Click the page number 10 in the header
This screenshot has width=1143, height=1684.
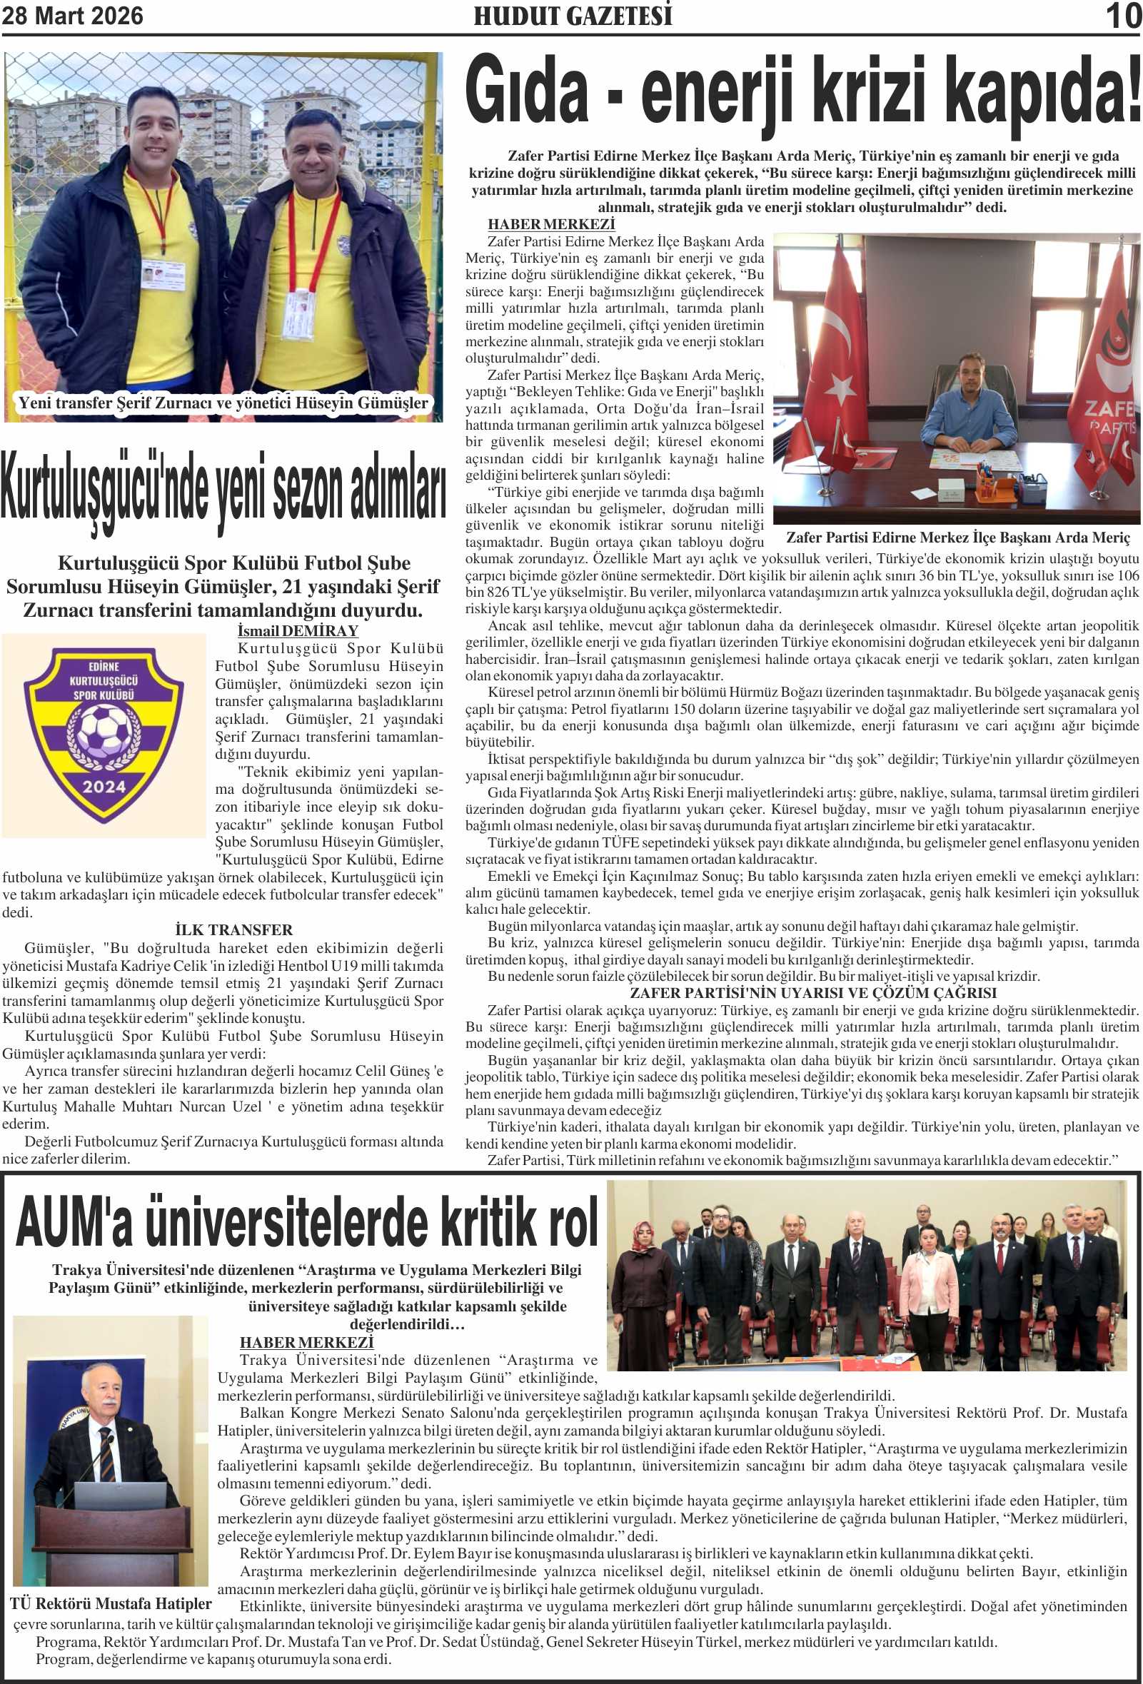[1123, 16]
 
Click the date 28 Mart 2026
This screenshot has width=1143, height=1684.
[73, 16]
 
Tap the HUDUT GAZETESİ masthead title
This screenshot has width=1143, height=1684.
[573, 16]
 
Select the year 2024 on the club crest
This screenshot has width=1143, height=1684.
[104, 786]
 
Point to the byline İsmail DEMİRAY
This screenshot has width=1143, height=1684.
[298, 630]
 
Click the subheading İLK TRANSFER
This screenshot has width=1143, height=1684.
[233, 929]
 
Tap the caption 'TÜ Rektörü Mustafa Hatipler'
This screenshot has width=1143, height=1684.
[111, 1603]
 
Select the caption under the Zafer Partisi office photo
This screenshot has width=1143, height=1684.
[957, 538]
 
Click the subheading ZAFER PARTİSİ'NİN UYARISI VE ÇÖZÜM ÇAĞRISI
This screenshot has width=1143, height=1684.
[812, 993]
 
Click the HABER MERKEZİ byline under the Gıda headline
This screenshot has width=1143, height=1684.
[551, 225]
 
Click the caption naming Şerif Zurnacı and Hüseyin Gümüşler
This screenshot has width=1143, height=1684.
[223, 403]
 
